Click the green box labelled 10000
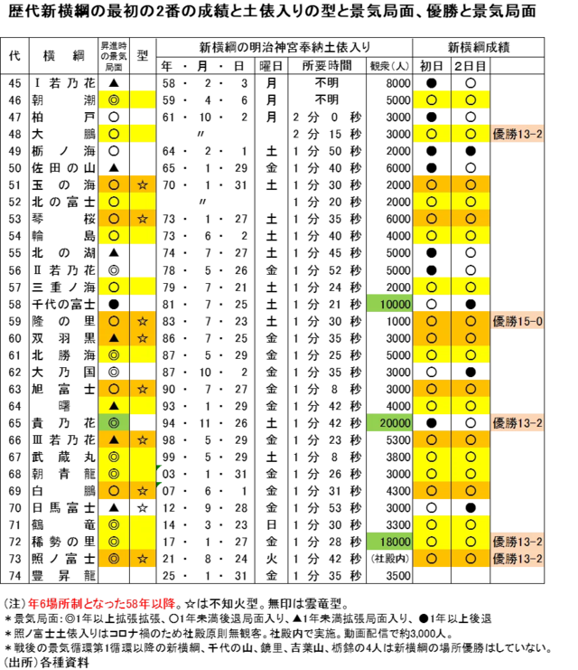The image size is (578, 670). (x=389, y=305)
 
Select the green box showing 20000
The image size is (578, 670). (x=389, y=423)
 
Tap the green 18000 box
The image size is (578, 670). (x=389, y=542)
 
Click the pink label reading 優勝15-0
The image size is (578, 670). (x=517, y=321)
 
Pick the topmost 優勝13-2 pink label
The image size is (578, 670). (x=517, y=134)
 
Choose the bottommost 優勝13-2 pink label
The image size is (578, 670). (x=517, y=560)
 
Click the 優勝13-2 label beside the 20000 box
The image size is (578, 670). (x=517, y=423)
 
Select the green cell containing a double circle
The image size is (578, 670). (x=114, y=423)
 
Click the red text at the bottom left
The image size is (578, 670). (x=101, y=604)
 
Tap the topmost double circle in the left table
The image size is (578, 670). (x=114, y=99)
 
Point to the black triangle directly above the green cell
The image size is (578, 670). (x=114, y=406)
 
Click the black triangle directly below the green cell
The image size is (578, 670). (x=114, y=439)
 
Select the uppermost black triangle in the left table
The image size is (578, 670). (x=114, y=338)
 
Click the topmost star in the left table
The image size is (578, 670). (x=143, y=184)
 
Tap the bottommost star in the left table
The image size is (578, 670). (x=143, y=560)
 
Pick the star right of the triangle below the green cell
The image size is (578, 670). (x=143, y=439)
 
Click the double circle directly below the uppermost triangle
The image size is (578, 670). (x=114, y=355)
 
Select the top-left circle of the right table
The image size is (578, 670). (x=432, y=99)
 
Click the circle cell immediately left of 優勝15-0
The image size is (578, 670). (x=471, y=321)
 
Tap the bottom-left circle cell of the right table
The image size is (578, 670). (x=432, y=560)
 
